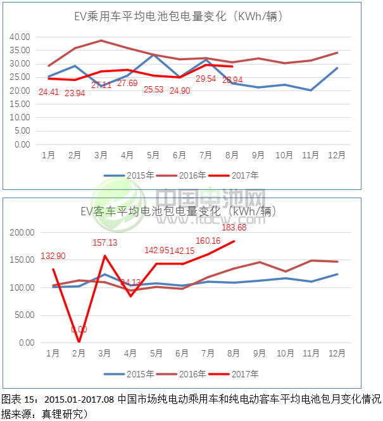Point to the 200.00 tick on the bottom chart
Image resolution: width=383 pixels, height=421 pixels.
[21, 232]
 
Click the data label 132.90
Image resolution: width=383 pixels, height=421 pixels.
[53, 256]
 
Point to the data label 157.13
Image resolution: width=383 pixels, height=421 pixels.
[105, 242]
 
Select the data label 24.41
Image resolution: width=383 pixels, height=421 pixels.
[49, 92]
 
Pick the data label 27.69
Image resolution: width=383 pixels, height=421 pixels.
[127, 83]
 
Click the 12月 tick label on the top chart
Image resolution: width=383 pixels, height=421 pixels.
[336, 155]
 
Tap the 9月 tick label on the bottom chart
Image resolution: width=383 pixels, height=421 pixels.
[259, 354]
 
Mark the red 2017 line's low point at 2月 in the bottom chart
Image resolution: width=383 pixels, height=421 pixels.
[79, 342]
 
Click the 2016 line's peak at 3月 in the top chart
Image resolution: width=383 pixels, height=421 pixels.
[101, 41]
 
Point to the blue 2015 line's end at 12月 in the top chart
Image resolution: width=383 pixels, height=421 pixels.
[337, 68]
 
